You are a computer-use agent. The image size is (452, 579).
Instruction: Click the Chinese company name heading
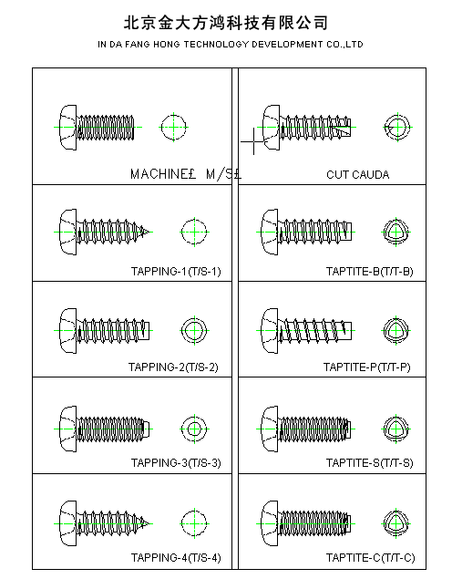pyautogui.click(x=226, y=23)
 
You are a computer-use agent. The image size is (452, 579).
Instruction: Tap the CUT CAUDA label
pyautogui.click(x=357, y=175)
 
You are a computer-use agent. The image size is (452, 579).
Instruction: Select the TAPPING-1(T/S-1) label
pyautogui.click(x=176, y=272)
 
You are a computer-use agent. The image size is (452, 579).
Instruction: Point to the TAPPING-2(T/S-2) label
pyautogui.click(x=173, y=367)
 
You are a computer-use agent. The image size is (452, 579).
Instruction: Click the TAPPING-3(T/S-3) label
pyautogui.click(x=176, y=462)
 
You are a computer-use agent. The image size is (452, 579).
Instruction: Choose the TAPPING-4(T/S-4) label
pyautogui.click(x=176, y=558)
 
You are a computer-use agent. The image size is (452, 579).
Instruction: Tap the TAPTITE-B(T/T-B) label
pyautogui.click(x=369, y=272)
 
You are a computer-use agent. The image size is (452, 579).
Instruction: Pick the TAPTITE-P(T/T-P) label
pyautogui.click(x=366, y=367)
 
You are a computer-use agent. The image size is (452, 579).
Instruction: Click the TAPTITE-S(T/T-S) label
pyautogui.click(x=369, y=462)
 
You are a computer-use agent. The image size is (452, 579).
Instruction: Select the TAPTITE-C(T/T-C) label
pyautogui.click(x=370, y=558)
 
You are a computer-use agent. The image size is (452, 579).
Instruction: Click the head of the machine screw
pyautogui.click(x=68, y=128)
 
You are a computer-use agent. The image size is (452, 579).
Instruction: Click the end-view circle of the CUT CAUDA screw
pyautogui.click(x=397, y=128)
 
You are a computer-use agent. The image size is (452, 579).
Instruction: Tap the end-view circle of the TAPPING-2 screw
pyautogui.click(x=194, y=330)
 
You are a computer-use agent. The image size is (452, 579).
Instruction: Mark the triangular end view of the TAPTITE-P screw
pyautogui.click(x=395, y=330)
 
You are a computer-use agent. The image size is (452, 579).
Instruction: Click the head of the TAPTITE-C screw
pyautogui.click(x=270, y=523)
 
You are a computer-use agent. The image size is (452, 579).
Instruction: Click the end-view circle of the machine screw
pyautogui.click(x=173, y=127)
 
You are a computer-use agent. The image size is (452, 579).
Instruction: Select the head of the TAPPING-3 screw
pyautogui.click(x=68, y=429)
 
